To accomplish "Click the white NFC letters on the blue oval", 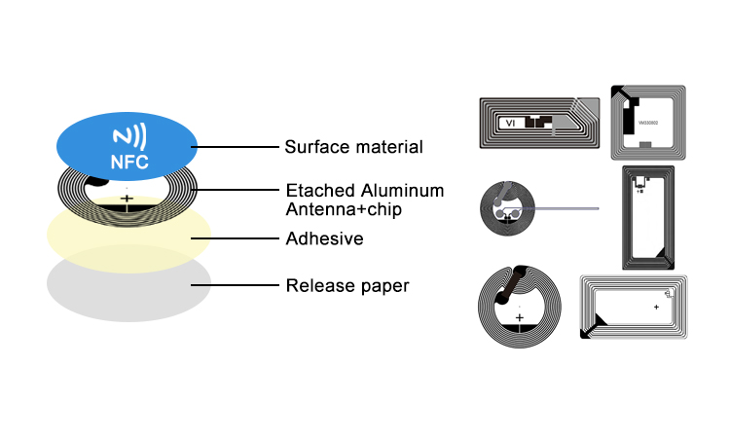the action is (x=129, y=162).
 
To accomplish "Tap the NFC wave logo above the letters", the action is (x=129, y=136).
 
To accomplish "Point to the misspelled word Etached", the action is (x=320, y=191).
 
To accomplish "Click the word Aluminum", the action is (x=402, y=191).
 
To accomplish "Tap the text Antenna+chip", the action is (x=344, y=209).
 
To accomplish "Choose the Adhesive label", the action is (x=324, y=238).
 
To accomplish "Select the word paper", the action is (x=384, y=287).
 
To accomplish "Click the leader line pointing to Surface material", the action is (x=235, y=147).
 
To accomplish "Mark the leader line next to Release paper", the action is (x=235, y=285).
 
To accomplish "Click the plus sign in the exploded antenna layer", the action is (x=127, y=199).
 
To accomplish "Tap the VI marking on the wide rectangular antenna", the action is (x=510, y=123).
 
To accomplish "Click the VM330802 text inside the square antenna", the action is (x=648, y=123).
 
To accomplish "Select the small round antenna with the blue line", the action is (x=507, y=208).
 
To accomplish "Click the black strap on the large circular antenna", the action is (x=511, y=284).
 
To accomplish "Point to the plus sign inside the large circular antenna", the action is (x=520, y=318).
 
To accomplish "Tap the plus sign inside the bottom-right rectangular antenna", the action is (x=656, y=308).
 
